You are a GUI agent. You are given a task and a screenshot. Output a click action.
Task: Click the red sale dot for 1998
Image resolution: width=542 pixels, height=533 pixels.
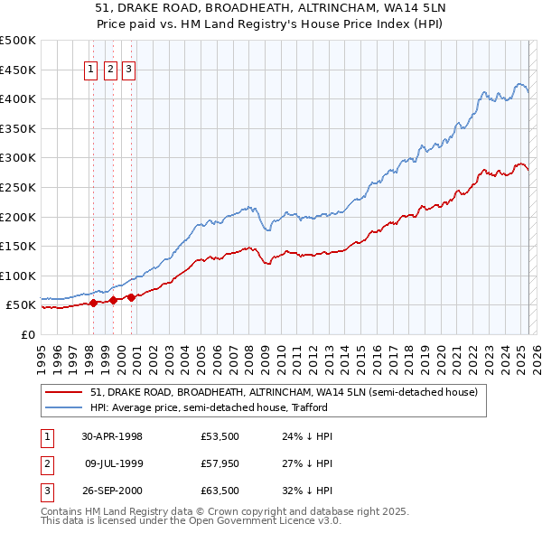[93, 304]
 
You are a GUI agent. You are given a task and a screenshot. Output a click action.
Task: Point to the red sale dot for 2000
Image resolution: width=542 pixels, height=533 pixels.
[131, 297]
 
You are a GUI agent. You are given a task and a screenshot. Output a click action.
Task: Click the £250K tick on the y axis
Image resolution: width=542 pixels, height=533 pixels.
[18, 187]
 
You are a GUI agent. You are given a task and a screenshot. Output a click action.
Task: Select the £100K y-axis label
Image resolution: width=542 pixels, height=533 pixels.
[18, 276]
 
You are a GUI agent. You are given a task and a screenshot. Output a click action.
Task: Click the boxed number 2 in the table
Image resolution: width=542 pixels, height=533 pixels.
[46, 464]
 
